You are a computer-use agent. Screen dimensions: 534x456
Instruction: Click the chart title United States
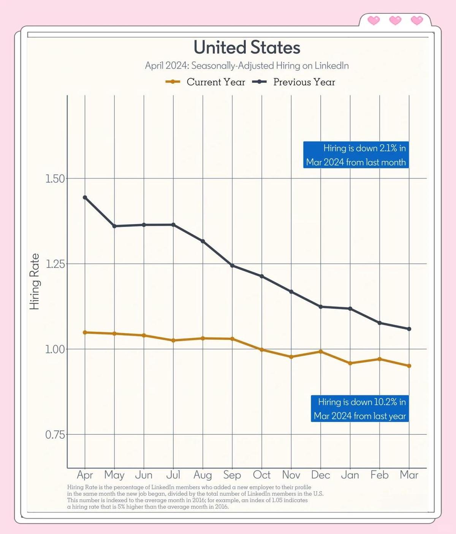coord(247,48)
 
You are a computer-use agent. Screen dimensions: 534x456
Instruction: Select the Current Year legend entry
coord(205,82)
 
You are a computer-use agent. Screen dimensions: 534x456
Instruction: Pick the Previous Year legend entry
coord(294,82)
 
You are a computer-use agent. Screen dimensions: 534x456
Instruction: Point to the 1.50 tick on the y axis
coord(55,179)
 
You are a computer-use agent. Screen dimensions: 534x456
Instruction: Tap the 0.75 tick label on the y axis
coord(55,435)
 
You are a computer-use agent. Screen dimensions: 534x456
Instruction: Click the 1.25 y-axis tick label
coord(55,264)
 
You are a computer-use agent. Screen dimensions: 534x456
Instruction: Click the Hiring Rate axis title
coord(35,282)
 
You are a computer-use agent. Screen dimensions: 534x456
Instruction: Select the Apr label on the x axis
coord(85,475)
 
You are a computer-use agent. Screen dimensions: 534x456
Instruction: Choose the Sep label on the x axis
coord(232,475)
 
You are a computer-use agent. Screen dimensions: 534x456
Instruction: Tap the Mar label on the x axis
coord(409,475)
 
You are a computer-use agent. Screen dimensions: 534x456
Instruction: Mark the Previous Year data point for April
coord(85,197)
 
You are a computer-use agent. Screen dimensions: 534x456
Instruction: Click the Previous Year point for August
coord(203,241)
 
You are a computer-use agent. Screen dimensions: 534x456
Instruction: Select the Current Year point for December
coord(321,352)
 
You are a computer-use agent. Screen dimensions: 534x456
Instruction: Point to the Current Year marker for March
coord(409,366)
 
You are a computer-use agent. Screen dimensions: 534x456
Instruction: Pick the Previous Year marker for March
coord(409,329)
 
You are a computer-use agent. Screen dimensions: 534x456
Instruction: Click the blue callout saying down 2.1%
coord(356,155)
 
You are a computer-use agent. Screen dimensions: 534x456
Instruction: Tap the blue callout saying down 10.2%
coord(360,409)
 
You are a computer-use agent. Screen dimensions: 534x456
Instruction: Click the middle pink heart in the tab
coord(395,20)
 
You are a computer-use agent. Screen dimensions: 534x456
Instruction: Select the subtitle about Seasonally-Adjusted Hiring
coord(247,66)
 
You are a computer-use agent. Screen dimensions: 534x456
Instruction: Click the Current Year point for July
coord(173,341)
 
